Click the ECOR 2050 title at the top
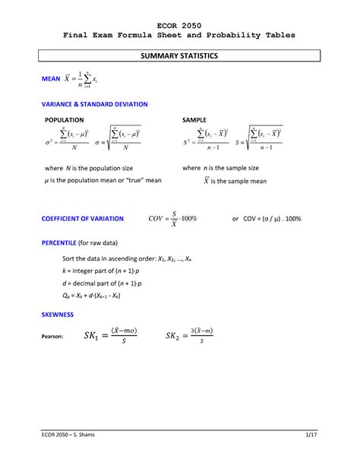pyautogui.click(x=180, y=24)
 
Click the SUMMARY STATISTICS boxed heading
pyautogui.click(x=180, y=57)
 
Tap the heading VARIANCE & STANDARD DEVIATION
pyautogui.click(x=94, y=103)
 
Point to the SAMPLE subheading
pyautogui.click(x=196, y=121)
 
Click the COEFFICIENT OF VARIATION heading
pyautogui.click(x=82, y=219)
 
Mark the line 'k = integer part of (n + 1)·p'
pyautogui.click(x=102, y=271)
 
